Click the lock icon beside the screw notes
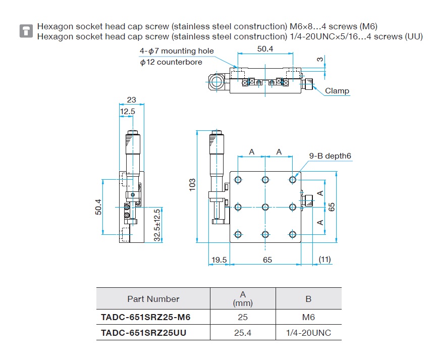(26, 31)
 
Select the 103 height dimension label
(192, 185)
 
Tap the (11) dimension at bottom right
(325, 260)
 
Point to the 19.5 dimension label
(219, 260)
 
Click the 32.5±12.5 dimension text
(157, 225)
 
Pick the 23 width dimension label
(131, 100)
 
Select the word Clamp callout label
(337, 91)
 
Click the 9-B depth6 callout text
(330, 156)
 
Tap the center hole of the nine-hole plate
(265, 207)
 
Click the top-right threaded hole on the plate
(293, 180)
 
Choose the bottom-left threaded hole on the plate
(238, 234)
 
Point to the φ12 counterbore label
(171, 62)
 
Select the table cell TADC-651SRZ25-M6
(146, 317)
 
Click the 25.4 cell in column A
(243, 333)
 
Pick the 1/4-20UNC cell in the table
(308, 333)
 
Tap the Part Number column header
(153, 299)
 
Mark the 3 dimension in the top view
(320, 60)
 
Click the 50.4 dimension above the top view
(265, 49)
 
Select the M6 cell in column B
(308, 317)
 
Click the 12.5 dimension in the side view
(128, 112)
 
